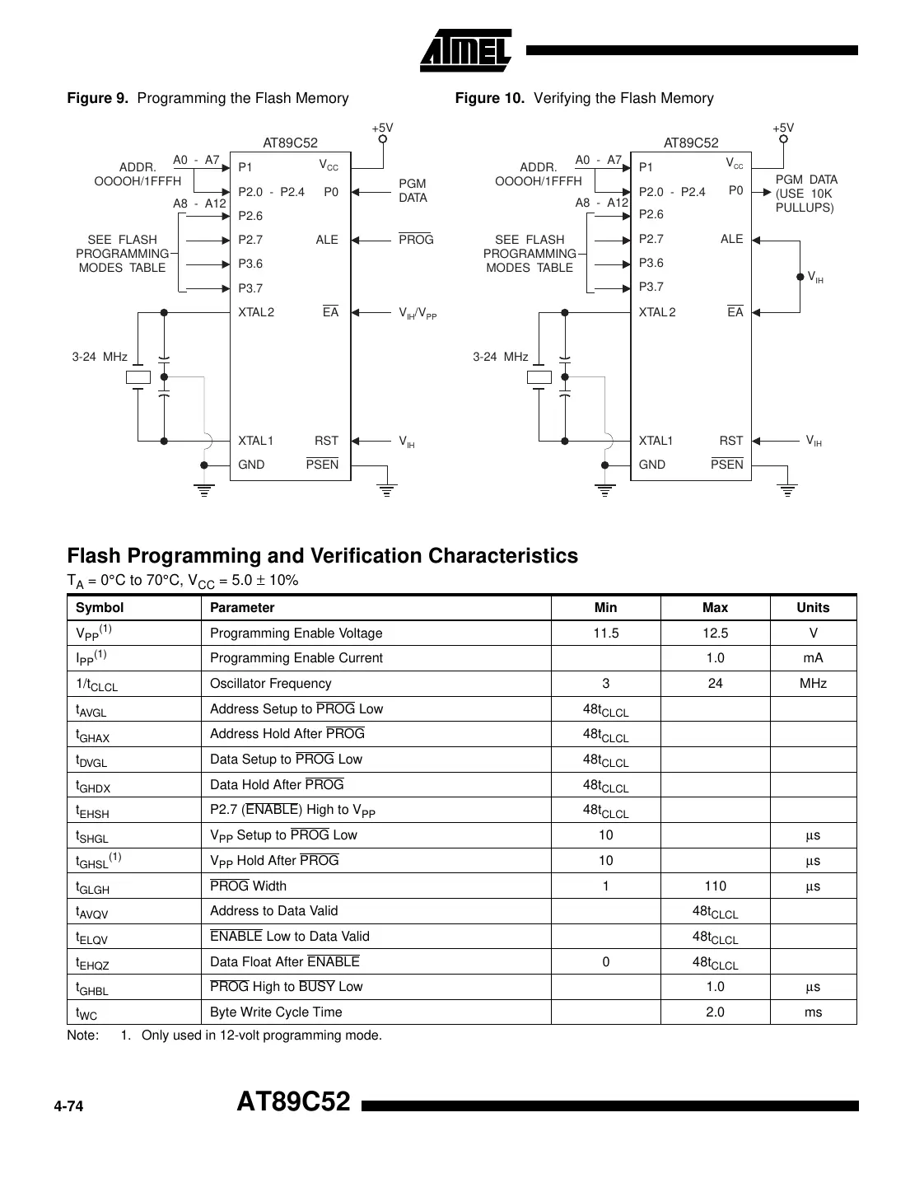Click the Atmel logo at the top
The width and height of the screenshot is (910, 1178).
(466, 51)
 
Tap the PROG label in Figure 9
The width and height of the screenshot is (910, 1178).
(416, 240)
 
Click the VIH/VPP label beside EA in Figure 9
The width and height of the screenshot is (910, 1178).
(418, 313)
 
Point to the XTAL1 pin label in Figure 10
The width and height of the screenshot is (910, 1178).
(656, 441)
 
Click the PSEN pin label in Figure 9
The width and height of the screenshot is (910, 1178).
(322, 465)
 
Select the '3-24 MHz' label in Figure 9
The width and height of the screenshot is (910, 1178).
(100, 357)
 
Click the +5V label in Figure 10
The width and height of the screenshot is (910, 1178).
(783, 128)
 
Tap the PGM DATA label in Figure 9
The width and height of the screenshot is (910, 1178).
(413, 190)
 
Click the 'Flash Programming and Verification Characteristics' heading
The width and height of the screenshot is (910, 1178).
(322, 556)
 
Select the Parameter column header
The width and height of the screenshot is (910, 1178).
(242, 608)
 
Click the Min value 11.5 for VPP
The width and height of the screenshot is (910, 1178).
(605, 633)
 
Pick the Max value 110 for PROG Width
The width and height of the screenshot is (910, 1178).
(715, 886)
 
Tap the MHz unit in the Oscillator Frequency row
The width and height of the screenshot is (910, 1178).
(813, 684)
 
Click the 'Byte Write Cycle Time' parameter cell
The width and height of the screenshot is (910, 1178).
(276, 1012)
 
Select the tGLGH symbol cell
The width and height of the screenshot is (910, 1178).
(92, 887)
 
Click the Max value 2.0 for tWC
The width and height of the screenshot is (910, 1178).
(715, 1012)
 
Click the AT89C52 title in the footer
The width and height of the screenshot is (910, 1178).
(293, 1101)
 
